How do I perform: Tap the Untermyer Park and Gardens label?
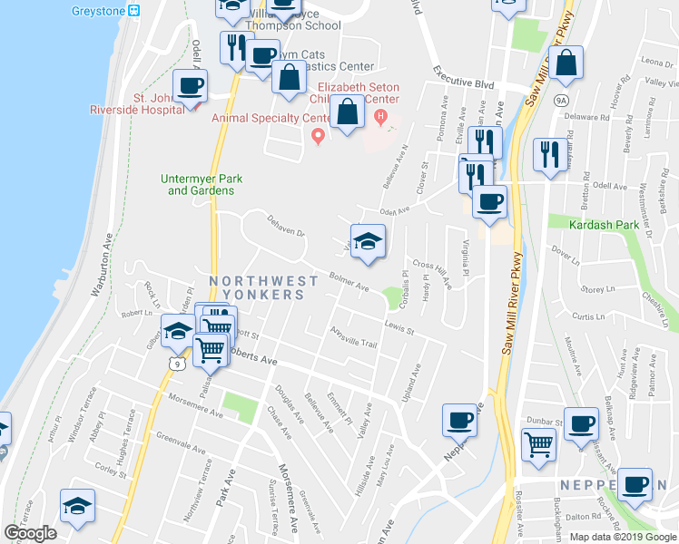202,184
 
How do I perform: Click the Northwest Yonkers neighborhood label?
257,287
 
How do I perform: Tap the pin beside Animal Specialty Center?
318,136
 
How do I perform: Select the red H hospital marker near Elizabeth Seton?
381,116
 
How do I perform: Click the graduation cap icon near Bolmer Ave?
368,242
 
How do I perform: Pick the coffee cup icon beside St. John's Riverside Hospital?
190,87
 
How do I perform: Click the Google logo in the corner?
30,533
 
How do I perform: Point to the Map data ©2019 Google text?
623,537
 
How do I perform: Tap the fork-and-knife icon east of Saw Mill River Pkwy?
548,155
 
